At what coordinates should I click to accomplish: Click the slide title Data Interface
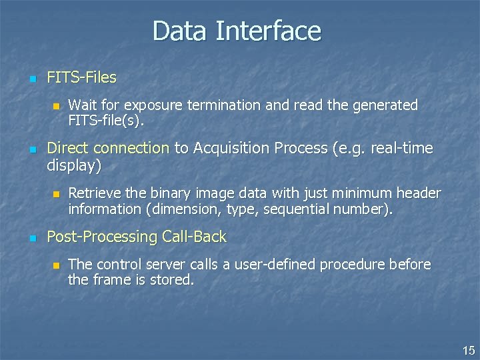[x=237, y=31]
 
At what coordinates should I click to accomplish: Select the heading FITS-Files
[x=81, y=77]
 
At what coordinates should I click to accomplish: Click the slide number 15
[x=469, y=350]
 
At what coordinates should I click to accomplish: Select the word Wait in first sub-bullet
[x=82, y=105]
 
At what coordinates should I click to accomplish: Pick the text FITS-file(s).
[x=105, y=121]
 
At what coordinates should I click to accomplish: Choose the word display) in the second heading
[x=74, y=165]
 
